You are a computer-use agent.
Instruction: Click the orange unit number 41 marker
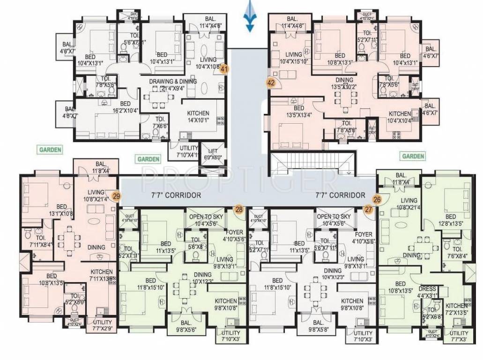[x=224, y=69]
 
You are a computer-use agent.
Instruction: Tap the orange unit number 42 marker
[x=270, y=82]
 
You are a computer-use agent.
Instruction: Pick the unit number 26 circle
[x=377, y=199]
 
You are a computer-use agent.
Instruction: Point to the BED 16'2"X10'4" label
[x=125, y=107]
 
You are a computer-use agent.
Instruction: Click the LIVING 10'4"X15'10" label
[x=294, y=58]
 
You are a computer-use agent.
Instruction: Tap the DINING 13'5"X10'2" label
[x=343, y=83]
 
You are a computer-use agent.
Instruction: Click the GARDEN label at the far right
[x=412, y=156]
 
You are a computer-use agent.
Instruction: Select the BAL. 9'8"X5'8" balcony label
[x=318, y=326]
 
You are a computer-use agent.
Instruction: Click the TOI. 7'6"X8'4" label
[x=457, y=245]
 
